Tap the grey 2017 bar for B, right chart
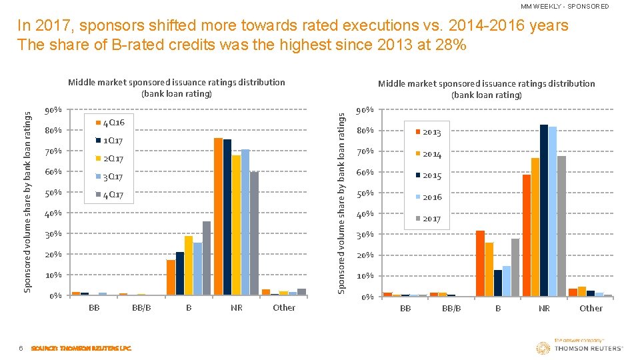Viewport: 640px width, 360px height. pos(515,267)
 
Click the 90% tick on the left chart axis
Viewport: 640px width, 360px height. pos(53,110)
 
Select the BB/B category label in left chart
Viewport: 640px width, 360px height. pos(141,308)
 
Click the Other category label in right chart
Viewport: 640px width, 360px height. pos(591,309)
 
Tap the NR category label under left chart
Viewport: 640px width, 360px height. pos(236,308)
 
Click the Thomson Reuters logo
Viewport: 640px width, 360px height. pos(579,346)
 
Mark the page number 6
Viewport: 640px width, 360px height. pos(21,348)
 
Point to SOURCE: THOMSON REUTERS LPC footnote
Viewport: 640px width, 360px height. pos(81,348)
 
